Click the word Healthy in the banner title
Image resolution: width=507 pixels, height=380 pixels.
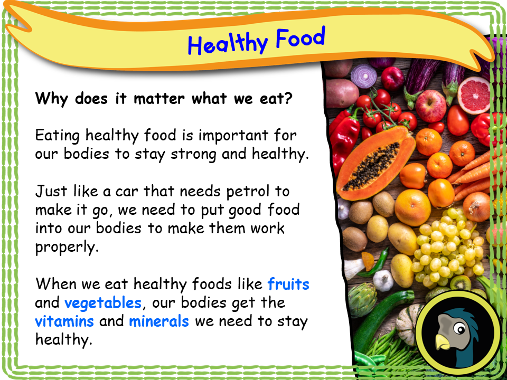coord(228,43)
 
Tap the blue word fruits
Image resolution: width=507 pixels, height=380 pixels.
coord(288,284)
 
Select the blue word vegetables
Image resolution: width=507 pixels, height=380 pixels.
coord(103,303)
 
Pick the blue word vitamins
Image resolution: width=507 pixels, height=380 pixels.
coord(64,321)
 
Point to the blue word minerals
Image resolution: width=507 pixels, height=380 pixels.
coord(159,321)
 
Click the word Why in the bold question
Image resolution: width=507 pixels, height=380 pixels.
coord(53,99)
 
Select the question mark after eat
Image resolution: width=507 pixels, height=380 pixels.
coord(288,99)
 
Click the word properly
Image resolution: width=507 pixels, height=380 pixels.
coord(67,248)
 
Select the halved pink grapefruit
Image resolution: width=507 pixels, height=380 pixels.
coord(474,95)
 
